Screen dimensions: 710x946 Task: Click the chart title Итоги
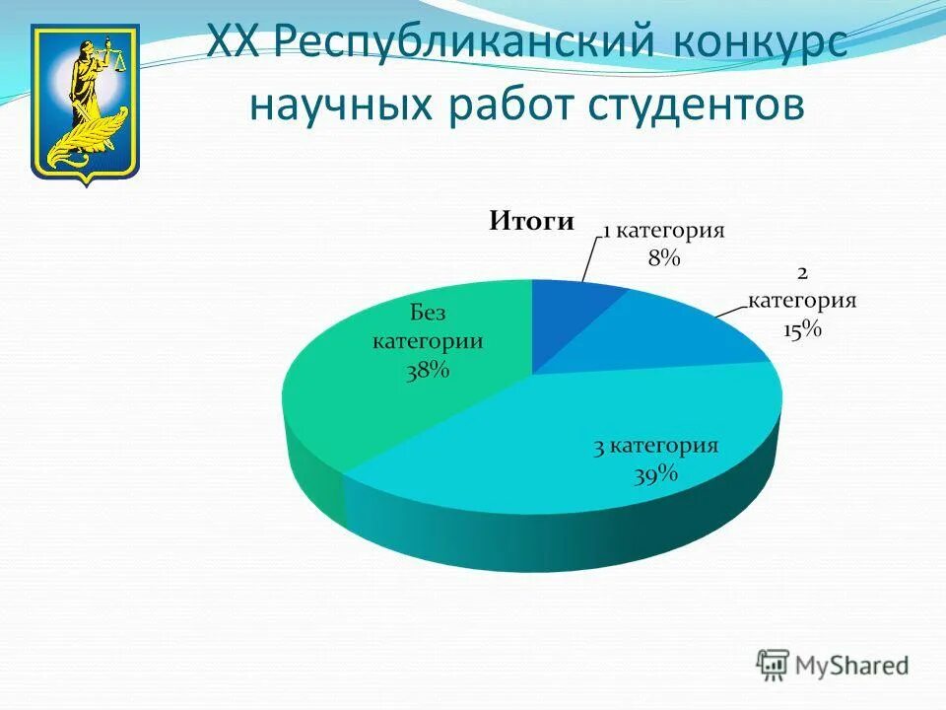coord(531,222)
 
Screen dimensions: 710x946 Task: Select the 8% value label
coord(663,258)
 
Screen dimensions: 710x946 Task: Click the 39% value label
coord(655,474)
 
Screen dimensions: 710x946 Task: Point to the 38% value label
coord(427,370)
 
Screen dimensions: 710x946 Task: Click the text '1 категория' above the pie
coord(663,231)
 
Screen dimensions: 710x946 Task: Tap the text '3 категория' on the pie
coord(655,447)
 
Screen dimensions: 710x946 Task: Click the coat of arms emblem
coord(86,104)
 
